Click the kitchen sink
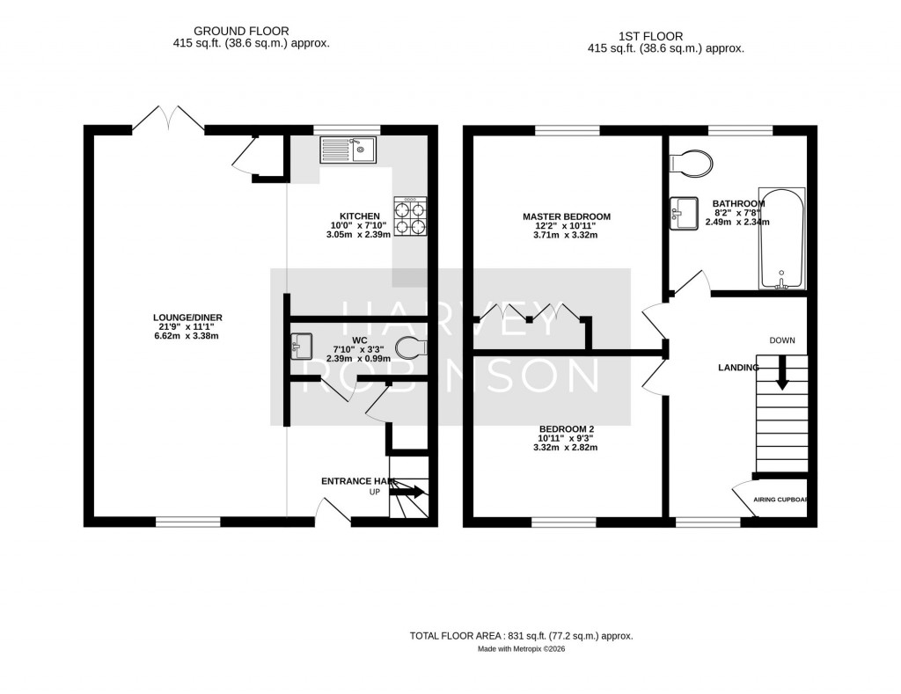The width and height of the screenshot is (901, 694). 348,151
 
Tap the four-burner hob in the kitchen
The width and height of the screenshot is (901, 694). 410,216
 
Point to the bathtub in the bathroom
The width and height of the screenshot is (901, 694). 781,238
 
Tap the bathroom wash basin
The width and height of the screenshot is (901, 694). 683,213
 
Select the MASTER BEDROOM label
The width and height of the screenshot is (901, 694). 566,216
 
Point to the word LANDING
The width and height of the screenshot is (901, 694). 736,368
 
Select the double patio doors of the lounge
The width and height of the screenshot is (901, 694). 167,119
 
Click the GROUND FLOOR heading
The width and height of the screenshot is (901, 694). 229,31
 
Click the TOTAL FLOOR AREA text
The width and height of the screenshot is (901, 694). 521,636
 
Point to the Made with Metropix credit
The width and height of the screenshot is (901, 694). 521,649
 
